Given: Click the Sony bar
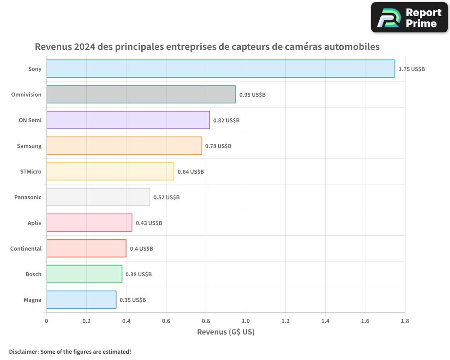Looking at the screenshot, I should pyautogui.click(x=220, y=69).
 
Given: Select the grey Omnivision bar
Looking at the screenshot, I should pyautogui.click(x=141, y=94).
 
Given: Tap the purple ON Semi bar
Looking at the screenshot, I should pyautogui.click(x=128, y=120).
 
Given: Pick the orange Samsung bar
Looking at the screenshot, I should pyautogui.click(x=124, y=146).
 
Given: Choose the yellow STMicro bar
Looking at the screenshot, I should pyautogui.click(x=110, y=171).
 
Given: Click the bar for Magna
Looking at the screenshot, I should pyautogui.click(x=81, y=300).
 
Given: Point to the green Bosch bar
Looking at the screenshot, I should pyautogui.click(x=84, y=274).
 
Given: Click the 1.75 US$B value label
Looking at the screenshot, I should pyautogui.click(x=412, y=69).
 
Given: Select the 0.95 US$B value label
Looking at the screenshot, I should pyautogui.click(x=252, y=95).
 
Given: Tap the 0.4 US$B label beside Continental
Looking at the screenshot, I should pyautogui.click(x=141, y=249).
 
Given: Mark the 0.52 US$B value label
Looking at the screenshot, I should pyautogui.click(x=166, y=198).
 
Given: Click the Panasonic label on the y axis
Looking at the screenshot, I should pyautogui.click(x=28, y=198).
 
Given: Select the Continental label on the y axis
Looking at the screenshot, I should pyautogui.click(x=26, y=249).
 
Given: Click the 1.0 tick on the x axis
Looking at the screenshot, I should pyautogui.click(x=246, y=321).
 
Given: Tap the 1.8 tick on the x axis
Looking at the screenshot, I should pyautogui.click(x=405, y=321).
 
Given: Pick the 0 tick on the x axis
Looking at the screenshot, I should pyautogui.click(x=46, y=321).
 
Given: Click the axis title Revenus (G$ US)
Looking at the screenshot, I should pyautogui.click(x=226, y=332).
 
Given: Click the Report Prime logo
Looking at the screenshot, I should pyautogui.click(x=409, y=18).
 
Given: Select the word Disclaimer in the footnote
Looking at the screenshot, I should pyautogui.click(x=23, y=351).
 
